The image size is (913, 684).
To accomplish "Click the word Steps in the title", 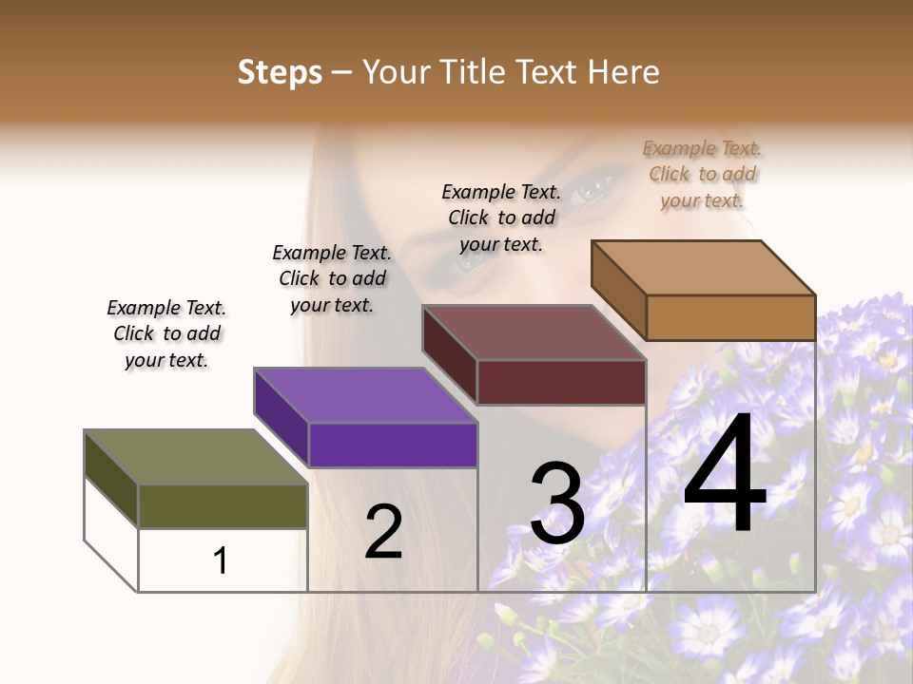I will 280,72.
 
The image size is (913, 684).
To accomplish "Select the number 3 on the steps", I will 557,503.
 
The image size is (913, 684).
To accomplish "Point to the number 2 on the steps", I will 384,532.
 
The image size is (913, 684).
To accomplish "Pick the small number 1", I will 221,560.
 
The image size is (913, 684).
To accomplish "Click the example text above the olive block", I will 166,333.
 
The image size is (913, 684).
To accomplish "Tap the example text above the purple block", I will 332,278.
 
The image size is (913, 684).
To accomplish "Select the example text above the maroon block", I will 501,218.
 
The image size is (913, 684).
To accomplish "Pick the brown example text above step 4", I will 702,174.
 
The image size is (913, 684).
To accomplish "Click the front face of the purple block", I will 393,445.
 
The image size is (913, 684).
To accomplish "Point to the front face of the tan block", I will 730,316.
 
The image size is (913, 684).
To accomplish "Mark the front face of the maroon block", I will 561,382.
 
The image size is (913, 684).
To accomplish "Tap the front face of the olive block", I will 223,505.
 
